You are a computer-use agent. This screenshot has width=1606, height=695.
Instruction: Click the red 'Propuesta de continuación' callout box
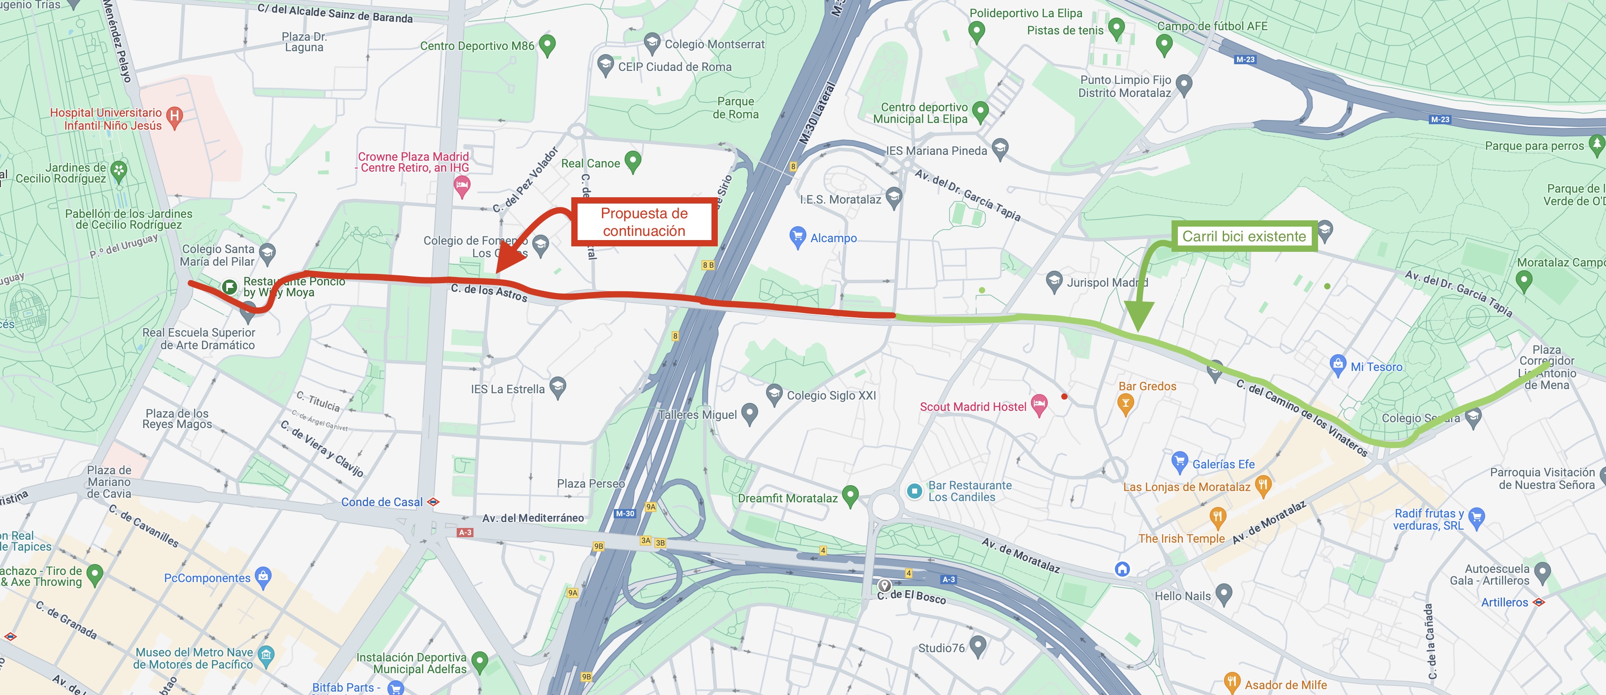pos(644,222)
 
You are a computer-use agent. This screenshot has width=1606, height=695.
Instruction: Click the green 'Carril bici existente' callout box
pos(1244,236)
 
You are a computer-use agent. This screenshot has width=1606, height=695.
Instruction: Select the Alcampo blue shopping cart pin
pos(798,236)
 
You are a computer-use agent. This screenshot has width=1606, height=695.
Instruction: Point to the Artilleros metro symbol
pos(1539,602)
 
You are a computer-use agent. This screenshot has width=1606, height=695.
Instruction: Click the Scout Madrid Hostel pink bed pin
pos(1038,405)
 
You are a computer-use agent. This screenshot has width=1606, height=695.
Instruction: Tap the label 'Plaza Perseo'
pos(591,484)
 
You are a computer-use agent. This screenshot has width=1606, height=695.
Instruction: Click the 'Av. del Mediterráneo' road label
pos(533,518)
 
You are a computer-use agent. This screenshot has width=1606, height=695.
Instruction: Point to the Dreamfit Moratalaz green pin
pos(850,496)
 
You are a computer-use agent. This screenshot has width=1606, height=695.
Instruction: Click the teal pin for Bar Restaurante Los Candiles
pos(915,491)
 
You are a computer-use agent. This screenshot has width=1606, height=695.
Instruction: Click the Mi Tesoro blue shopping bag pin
pos(1337,365)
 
